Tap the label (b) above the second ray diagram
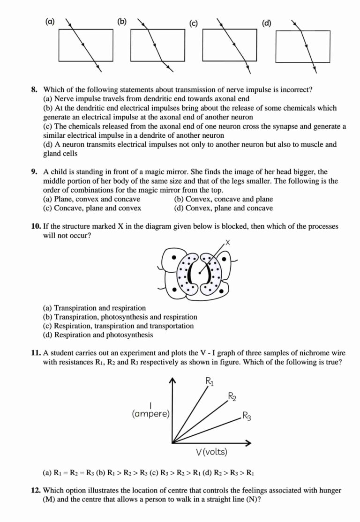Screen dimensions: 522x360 tap(122, 21)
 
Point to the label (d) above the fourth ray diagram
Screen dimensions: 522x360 tap(266, 23)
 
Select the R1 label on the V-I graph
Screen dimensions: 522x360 tap(210, 382)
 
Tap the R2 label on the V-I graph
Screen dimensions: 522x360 tap(232, 397)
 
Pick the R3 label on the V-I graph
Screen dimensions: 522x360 tap(247, 416)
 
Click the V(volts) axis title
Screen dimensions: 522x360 tap(211, 452)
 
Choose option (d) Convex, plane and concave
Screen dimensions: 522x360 tap(223, 208)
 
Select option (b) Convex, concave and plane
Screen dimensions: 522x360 tap(223, 199)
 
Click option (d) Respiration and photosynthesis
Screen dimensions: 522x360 tap(97, 335)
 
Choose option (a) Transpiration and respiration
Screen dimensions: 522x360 tap(94, 308)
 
